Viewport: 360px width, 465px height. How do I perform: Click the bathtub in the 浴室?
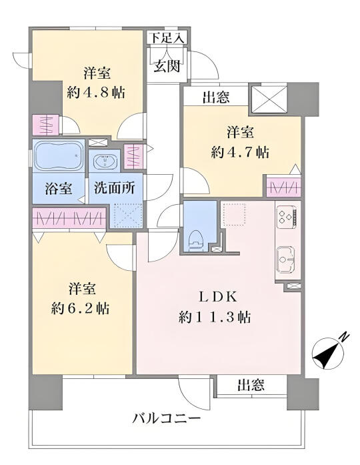point(59,155)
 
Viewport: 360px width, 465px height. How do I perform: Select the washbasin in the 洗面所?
point(105,161)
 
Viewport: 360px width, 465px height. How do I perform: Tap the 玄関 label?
point(167,66)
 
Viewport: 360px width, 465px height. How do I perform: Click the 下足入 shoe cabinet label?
point(168,38)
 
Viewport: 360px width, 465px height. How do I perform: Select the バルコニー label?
point(167,419)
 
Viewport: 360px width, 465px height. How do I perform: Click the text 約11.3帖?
point(215,318)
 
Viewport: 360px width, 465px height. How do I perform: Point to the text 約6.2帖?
point(80,309)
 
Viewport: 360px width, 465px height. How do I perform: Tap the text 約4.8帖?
point(96,93)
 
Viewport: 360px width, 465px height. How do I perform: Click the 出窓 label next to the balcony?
point(251,385)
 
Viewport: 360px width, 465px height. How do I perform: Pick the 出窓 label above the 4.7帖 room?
point(216,97)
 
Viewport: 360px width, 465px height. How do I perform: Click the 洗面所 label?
point(115,188)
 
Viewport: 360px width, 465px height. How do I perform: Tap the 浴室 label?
point(59,188)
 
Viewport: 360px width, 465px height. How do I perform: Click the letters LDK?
point(218,297)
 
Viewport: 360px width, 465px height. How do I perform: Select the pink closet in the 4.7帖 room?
point(283,187)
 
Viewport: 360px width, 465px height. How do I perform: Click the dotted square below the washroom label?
point(127,215)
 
